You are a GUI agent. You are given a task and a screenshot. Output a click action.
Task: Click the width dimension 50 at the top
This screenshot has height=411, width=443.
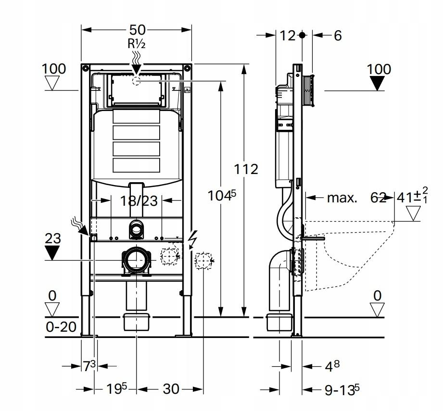click(x=137, y=30)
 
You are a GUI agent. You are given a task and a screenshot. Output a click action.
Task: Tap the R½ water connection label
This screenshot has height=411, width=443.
click(x=137, y=44)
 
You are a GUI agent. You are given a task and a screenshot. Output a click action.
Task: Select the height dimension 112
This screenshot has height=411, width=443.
click(x=246, y=169)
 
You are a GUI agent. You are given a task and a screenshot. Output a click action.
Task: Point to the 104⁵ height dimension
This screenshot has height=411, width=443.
click(x=221, y=195)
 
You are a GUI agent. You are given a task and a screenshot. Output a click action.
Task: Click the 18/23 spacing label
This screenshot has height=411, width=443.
click(x=139, y=201)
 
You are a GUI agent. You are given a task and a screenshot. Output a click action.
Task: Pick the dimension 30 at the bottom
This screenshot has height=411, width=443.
click(x=171, y=389)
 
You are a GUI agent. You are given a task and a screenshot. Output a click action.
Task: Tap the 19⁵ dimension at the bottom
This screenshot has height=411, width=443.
click(x=117, y=389)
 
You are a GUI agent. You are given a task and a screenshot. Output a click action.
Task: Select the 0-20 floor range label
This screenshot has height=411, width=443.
click(x=61, y=327)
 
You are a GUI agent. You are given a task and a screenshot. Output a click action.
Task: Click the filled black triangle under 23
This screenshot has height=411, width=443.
click(x=52, y=253)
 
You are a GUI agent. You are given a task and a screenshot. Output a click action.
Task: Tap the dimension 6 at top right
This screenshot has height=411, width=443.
click(x=338, y=36)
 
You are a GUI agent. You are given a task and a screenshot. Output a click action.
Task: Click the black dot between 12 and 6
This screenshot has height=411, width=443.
click(x=302, y=35)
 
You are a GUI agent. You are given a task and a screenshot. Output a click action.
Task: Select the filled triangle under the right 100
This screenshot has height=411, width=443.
click(x=377, y=83)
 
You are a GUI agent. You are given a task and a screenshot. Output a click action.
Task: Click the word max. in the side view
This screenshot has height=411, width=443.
click(x=342, y=198)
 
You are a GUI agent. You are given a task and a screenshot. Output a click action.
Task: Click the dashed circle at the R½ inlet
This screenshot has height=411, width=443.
click(x=137, y=81)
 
